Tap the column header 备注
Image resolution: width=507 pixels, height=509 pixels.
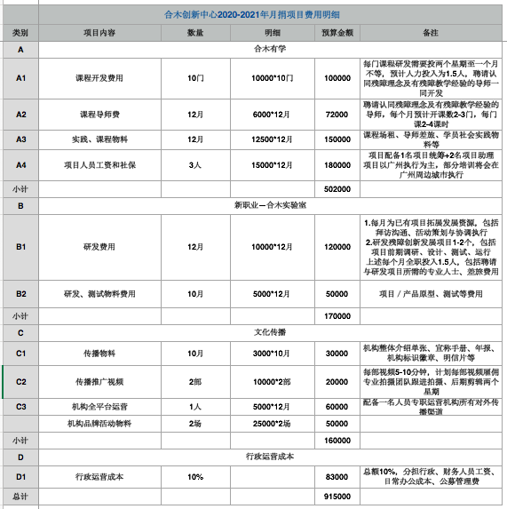click(x=431, y=32)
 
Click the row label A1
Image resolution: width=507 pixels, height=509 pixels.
click(x=20, y=78)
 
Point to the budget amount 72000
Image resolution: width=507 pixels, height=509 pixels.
click(x=337, y=115)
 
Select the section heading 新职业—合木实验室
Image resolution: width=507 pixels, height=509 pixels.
click(x=270, y=204)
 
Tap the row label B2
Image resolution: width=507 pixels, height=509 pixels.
click(x=20, y=293)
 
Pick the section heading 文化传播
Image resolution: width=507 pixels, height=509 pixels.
click(x=270, y=331)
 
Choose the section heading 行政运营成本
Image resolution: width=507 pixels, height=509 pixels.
click(x=270, y=456)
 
